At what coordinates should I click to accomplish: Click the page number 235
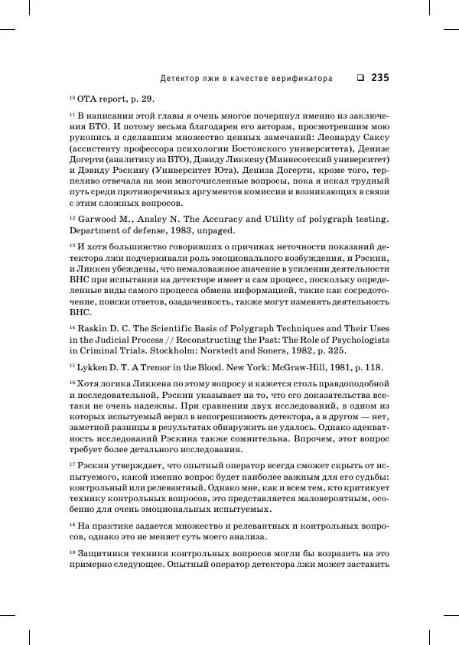click(x=380, y=77)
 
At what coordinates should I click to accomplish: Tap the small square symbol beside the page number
click(x=360, y=77)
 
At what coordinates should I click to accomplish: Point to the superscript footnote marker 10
click(x=72, y=97)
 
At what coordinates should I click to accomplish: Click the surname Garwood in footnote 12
click(x=99, y=219)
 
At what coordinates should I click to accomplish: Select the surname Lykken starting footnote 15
click(x=95, y=368)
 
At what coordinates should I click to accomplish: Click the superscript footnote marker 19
click(x=72, y=551)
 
